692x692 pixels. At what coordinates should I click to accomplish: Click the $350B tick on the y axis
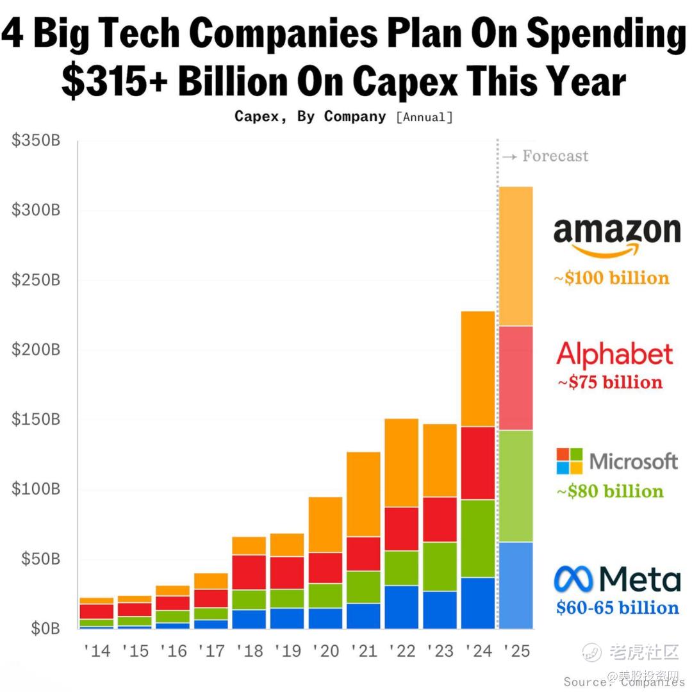pyautogui.click(x=36, y=141)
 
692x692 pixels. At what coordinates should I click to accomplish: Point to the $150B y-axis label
pyautogui.click(x=36, y=420)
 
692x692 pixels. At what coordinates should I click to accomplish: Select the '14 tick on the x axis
pyautogui.click(x=97, y=651)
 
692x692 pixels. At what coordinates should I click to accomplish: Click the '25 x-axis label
pyautogui.click(x=516, y=651)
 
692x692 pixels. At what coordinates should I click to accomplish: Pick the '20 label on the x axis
pyautogui.click(x=325, y=651)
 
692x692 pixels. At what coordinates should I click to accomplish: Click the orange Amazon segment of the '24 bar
pyautogui.click(x=478, y=368)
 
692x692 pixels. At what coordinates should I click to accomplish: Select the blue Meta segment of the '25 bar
pyautogui.click(x=516, y=585)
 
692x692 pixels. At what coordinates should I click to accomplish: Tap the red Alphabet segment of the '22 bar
pyautogui.click(x=402, y=529)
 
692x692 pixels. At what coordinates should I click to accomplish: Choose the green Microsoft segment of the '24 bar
pyautogui.click(x=478, y=538)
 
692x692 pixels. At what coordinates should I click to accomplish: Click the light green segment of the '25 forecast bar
pyautogui.click(x=516, y=486)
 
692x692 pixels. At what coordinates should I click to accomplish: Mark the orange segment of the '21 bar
pyautogui.click(x=363, y=494)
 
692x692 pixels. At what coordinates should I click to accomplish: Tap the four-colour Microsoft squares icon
pyautogui.click(x=570, y=461)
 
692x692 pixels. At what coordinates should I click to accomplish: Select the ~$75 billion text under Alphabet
pyautogui.click(x=609, y=383)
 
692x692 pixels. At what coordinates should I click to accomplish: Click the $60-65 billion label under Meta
pyautogui.click(x=617, y=607)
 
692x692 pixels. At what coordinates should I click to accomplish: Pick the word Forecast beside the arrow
pyautogui.click(x=555, y=156)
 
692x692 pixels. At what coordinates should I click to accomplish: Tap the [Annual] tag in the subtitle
pyautogui.click(x=424, y=117)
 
